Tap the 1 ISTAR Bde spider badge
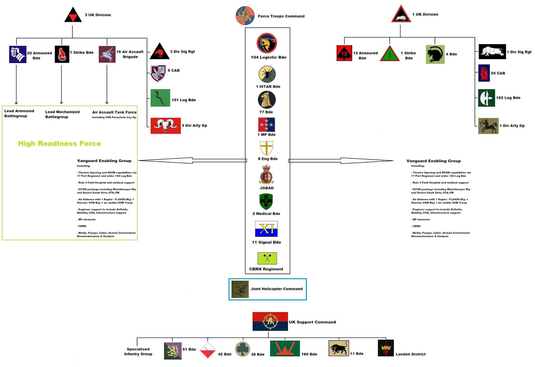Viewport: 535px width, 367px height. [267, 74]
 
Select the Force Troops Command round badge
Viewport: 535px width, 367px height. [245, 16]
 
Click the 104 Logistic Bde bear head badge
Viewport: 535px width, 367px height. [267, 43]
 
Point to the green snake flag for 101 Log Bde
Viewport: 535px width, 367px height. [160, 98]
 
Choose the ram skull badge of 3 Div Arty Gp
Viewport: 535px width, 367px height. [166, 126]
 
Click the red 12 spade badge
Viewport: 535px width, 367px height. [344, 53]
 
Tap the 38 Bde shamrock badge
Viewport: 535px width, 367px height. [242, 349]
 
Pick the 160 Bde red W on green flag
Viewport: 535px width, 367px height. [285, 349]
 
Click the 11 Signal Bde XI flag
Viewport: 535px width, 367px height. [266, 229]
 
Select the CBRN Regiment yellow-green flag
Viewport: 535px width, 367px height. [267, 258]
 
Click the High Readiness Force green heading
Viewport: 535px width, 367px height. [60, 144]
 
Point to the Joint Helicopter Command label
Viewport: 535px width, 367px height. [277, 289]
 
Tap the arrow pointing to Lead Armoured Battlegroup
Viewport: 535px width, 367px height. [16, 83]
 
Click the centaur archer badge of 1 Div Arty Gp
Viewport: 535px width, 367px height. [488, 126]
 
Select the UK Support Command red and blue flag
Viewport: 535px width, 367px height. [270, 321]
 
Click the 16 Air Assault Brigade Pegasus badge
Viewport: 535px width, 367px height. [107, 54]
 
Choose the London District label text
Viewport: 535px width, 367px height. [411, 354]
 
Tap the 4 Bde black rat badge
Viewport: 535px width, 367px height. [435, 54]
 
